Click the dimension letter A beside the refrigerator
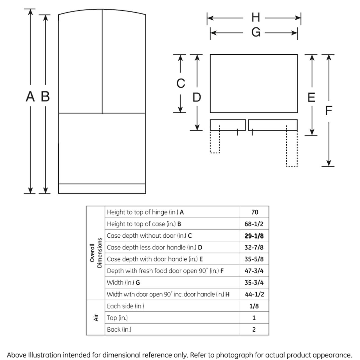pos(30,96)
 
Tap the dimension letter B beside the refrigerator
pos(46,96)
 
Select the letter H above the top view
pos(255,18)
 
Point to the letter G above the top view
pos(256,32)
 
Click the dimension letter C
pos(181,84)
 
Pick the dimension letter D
pos(197,97)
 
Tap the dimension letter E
pos(311,97)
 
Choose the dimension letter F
pos(328,111)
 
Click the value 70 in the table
pos(255,212)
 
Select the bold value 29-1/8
pos(254,236)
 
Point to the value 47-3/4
pos(254,271)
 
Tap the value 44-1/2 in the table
pos(254,294)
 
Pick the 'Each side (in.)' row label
pos(125,306)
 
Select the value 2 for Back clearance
pos(254,329)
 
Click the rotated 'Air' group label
pos(96,318)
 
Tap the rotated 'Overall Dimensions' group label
pos(96,253)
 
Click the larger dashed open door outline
pos(292,148)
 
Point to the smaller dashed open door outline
pos(215,142)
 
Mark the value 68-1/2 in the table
pos(254,224)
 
